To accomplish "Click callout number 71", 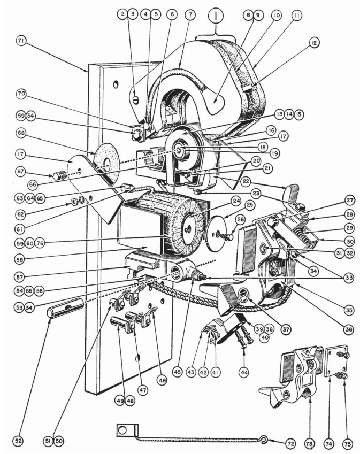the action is [21, 41].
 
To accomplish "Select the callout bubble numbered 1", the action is [215, 17].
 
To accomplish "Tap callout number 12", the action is [313, 43].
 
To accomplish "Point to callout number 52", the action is [18, 441].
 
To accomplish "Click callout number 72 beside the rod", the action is [290, 443].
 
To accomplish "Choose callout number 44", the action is [244, 372].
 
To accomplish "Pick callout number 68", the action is [21, 133].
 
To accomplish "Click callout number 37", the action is [286, 329].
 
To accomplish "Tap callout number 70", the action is [21, 94].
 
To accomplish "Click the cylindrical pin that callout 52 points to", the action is [65, 308].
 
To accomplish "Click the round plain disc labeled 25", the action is [217, 233].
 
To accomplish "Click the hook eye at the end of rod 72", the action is [264, 439].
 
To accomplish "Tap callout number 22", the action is [246, 181].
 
